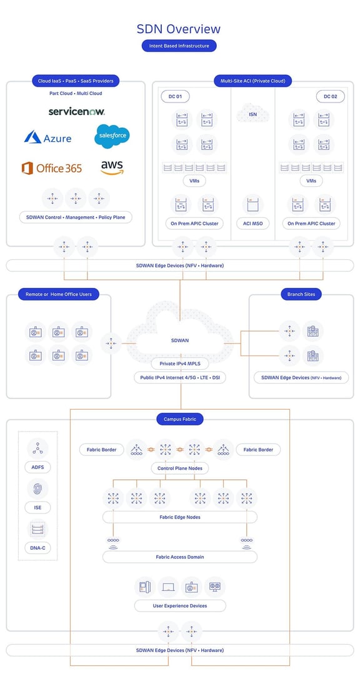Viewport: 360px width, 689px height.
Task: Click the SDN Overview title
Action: click(x=179, y=29)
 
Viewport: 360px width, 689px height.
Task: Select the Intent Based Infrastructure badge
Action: click(x=179, y=46)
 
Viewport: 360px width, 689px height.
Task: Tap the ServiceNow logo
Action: click(x=77, y=111)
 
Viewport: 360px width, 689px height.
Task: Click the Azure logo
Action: click(x=47, y=137)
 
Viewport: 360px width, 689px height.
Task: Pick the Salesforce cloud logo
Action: click(x=112, y=136)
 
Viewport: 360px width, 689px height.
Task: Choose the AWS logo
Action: click(x=112, y=167)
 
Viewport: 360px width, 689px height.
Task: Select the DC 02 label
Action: click(x=329, y=97)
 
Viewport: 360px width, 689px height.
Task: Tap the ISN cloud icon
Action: click(x=252, y=113)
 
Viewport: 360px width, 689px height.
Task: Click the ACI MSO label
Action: click(x=252, y=223)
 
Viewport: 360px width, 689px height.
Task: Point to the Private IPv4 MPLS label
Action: click(x=180, y=364)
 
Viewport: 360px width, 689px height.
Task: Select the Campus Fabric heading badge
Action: click(x=180, y=419)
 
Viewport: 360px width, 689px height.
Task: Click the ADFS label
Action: click(x=38, y=467)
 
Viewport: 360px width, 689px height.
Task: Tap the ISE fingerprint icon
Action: click(x=38, y=489)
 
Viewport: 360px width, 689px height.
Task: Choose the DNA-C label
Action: click(x=38, y=548)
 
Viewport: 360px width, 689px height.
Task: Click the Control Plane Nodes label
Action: click(x=180, y=468)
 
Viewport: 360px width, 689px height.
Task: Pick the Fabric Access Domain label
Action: click(x=180, y=557)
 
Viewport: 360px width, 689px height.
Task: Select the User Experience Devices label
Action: click(x=180, y=606)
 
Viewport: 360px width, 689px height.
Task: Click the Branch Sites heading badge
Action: click(x=301, y=294)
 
